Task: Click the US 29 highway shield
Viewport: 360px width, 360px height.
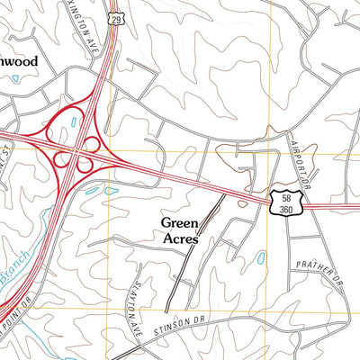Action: [116, 17]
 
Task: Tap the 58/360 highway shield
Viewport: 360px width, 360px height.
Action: [284, 202]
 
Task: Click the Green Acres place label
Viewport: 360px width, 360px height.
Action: [180, 230]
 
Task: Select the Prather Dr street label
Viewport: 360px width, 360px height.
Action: [319, 269]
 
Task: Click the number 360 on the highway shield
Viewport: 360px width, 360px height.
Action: [284, 209]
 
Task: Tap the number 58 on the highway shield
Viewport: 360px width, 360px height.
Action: [284, 196]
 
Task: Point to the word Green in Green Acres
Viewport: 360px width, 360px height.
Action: [180, 221]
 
